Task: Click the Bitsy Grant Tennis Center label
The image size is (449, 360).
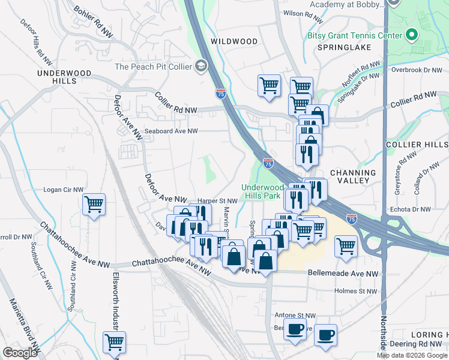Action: [354, 35]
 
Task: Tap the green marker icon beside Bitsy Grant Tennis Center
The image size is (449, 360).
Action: [411, 35]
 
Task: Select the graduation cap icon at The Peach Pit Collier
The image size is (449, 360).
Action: [202, 66]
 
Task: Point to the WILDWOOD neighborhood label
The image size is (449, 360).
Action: [234, 41]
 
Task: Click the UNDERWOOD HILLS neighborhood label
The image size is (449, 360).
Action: [64, 77]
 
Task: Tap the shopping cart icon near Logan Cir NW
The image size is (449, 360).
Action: [94, 205]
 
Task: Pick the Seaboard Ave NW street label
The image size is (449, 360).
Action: [170, 131]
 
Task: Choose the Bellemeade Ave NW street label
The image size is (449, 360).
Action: [343, 273]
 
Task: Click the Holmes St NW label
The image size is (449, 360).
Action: [358, 292]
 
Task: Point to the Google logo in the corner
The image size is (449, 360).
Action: [20, 353]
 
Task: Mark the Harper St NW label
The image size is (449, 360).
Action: [217, 201]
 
